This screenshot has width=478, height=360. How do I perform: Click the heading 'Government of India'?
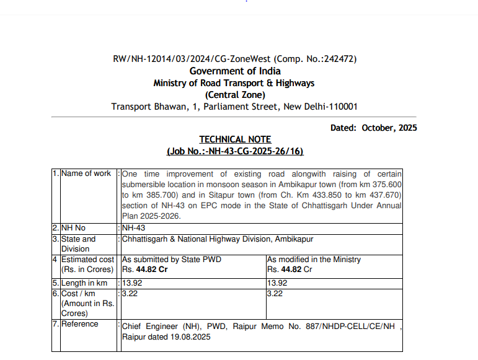pos(235,71)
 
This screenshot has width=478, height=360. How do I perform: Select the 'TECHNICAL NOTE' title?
pos(235,139)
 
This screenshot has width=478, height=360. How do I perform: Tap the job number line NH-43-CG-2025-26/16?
pos(235,151)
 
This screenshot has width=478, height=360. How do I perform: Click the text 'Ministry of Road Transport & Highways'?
pos(234,83)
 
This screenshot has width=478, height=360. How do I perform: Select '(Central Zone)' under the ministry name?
pos(235,95)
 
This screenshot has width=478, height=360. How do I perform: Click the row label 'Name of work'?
pos(86,173)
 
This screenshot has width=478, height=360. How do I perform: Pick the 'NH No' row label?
pos(73,228)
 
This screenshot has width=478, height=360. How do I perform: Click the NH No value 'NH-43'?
pos(134,228)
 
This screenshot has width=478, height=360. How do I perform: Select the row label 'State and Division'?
pos(78,244)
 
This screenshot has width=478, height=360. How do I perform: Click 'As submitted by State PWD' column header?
pos(171,259)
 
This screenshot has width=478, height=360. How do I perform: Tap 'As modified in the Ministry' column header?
pos(314,259)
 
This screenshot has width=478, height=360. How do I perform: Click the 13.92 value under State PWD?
pos(132,283)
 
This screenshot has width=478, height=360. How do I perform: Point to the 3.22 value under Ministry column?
pos(275,294)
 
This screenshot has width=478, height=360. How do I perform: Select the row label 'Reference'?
pos(79,324)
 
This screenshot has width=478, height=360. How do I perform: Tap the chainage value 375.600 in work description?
pos(387,185)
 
